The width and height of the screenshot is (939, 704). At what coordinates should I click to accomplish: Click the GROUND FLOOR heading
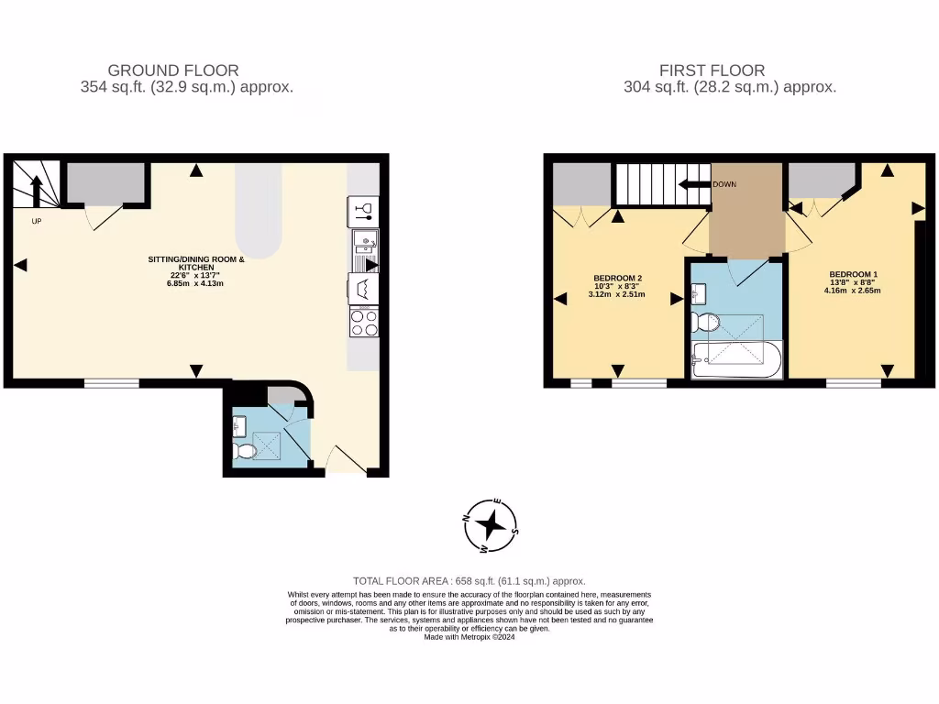(173, 70)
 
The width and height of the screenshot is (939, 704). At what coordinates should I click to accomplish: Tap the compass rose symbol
(492, 526)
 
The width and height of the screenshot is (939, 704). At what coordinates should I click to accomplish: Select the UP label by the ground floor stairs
(36, 221)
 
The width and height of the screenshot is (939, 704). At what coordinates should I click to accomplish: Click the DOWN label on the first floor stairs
(724, 184)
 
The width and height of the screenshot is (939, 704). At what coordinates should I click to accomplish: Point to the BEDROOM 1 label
(854, 274)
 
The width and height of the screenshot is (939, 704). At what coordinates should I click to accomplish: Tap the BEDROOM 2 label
(617, 278)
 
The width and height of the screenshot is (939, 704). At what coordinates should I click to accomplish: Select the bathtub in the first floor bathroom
(736, 361)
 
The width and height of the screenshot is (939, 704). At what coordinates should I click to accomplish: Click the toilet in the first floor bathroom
(706, 322)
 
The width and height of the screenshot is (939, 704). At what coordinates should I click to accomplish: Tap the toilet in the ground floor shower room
(245, 452)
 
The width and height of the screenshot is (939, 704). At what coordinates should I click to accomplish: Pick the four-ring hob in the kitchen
(364, 323)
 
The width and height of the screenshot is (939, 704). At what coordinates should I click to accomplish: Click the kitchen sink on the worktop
(364, 244)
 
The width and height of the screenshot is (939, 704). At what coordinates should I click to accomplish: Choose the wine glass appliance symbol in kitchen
(364, 211)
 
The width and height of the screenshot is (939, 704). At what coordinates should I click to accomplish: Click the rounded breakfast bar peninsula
(259, 211)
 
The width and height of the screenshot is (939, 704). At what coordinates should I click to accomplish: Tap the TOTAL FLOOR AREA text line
(469, 581)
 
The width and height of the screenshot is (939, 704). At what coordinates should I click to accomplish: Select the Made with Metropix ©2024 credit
(469, 637)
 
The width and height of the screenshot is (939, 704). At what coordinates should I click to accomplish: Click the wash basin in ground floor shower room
(240, 426)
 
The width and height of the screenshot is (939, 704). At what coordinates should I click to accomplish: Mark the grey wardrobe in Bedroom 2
(581, 184)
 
